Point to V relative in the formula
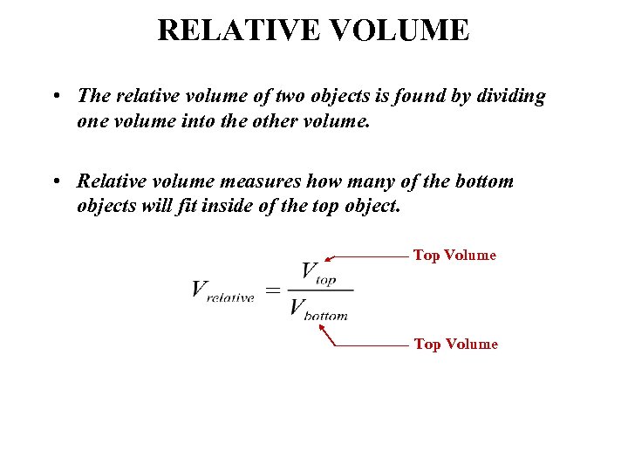pos(222,290)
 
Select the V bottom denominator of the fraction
pos(318,309)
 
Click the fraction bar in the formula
pos(321,290)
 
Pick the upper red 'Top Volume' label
pos(454,255)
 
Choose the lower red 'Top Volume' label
pos(455,344)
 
